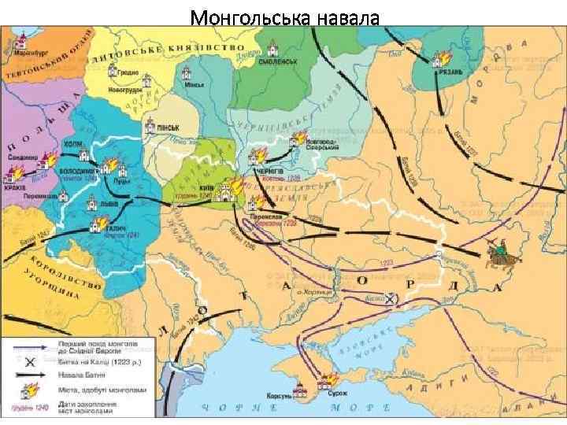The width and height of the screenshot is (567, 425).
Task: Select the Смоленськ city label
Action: click(x=279, y=61)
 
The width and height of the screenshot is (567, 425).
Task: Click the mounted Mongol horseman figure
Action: click(x=500, y=252)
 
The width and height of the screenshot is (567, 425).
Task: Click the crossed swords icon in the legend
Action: click(x=29, y=363)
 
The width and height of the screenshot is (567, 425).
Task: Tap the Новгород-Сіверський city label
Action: click(x=320, y=143)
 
